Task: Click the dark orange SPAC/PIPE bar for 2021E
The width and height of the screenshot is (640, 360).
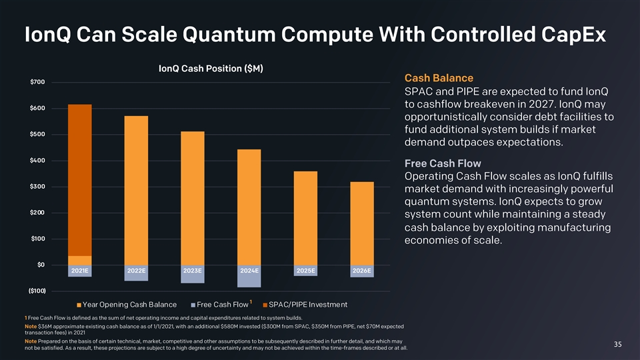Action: click(x=80, y=180)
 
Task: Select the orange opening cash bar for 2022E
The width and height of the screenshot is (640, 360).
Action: click(x=136, y=190)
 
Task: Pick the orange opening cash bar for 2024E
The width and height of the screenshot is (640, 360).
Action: click(x=249, y=207)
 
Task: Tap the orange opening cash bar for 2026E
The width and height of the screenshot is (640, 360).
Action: click(x=362, y=223)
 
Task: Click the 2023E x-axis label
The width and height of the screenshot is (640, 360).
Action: click(x=193, y=271)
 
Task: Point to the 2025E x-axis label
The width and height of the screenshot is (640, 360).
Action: click(x=306, y=271)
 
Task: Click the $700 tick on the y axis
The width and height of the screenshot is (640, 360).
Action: click(x=38, y=82)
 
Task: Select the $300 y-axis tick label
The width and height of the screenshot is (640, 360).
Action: click(x=38, y=186)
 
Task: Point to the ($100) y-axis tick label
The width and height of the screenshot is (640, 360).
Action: click(x=37, y=291)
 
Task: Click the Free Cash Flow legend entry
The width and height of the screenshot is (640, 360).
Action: click(x=219, y=305)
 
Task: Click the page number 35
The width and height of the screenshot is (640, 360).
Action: click(x=617, y=344)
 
